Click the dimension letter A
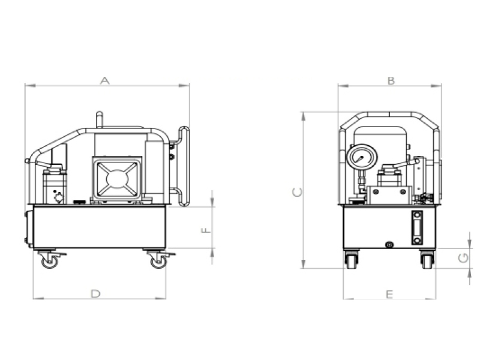pyautogui.click(x=104, y=80)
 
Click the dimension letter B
pyautogui.click(x=391, y=81)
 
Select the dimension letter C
pyautogui.click(x=297, y=192)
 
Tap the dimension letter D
pyautogui.click(x=96, y=294)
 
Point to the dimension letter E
pyautogui.click(x=389, y=295)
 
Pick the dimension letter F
pyautogui.click(x=206, y=230)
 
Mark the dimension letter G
pyautogui.click(x=463, y=258)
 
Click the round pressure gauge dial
pyautogui.click(x=362, y=158)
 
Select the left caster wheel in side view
pyautogui.click(x=49, y=262)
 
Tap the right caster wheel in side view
pyautogui.click(x=159, y=262)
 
